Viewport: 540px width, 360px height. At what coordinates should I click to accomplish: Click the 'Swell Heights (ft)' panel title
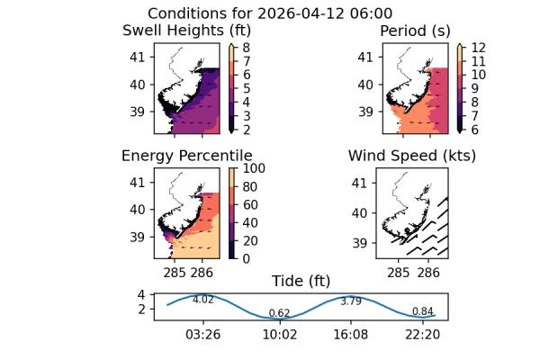pos(186,31)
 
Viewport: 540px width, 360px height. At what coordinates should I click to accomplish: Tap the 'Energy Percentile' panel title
pos(186,156)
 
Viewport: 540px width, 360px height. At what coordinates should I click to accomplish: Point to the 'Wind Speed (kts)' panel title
pos(412,156)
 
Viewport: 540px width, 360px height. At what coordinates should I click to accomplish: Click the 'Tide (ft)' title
pos(301,281)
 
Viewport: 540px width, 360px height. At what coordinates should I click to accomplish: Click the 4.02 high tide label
pos(203,300)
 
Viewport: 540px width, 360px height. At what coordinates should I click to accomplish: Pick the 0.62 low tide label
pos(279,313)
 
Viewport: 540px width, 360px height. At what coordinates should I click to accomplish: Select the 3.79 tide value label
pos(351,301)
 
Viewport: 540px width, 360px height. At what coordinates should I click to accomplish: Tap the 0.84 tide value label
pos(422,311)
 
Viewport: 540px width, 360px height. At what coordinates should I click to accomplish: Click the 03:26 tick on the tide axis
pos(203,334)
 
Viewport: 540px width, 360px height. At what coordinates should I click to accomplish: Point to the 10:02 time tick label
pos(279,334)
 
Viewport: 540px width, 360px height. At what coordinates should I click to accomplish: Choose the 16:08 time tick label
pos(351,334)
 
